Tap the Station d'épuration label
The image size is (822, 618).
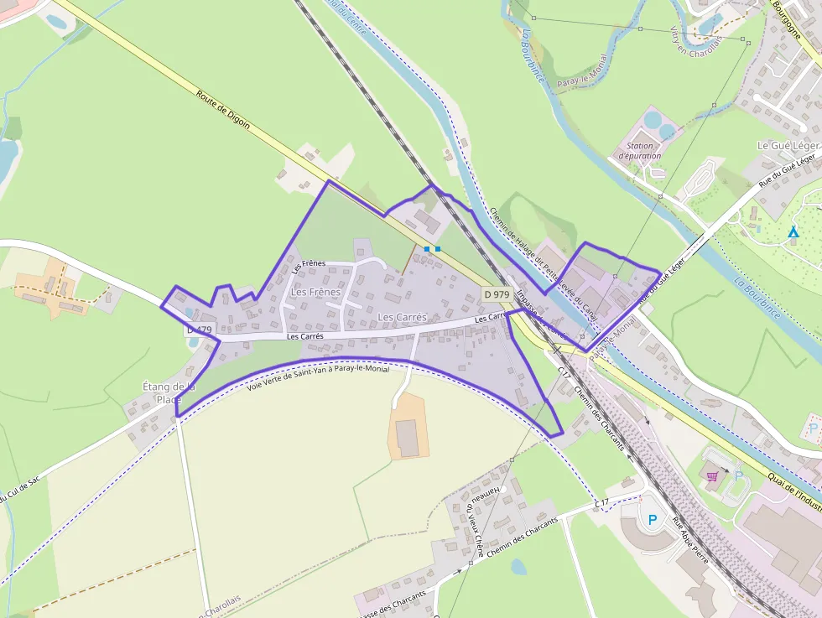(640, 151)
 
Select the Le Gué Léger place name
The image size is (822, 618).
(788, 145)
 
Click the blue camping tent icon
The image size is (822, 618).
(793, 231)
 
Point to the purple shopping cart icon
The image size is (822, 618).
(712, 476)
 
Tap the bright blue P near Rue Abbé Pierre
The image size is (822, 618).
(653, 520)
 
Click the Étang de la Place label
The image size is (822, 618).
(169, 393)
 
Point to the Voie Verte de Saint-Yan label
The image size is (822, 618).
(319, 375)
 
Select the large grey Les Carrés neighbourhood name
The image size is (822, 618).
(402, 317)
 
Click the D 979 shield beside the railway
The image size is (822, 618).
(497, 294)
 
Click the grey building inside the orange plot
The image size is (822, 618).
(408, 439)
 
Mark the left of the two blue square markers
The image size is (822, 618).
(428, 249)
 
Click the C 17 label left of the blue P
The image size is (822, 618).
(601, 502)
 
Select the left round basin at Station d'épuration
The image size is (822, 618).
(652, 122)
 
